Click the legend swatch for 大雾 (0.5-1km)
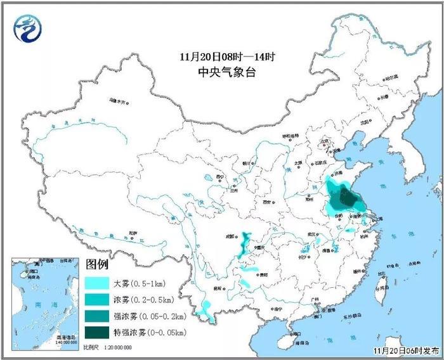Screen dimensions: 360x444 click(97, 281)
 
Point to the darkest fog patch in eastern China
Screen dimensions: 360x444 click(346, 198)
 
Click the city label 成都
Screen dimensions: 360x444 click(230, 238)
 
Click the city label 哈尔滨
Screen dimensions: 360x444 click(392, 77)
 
